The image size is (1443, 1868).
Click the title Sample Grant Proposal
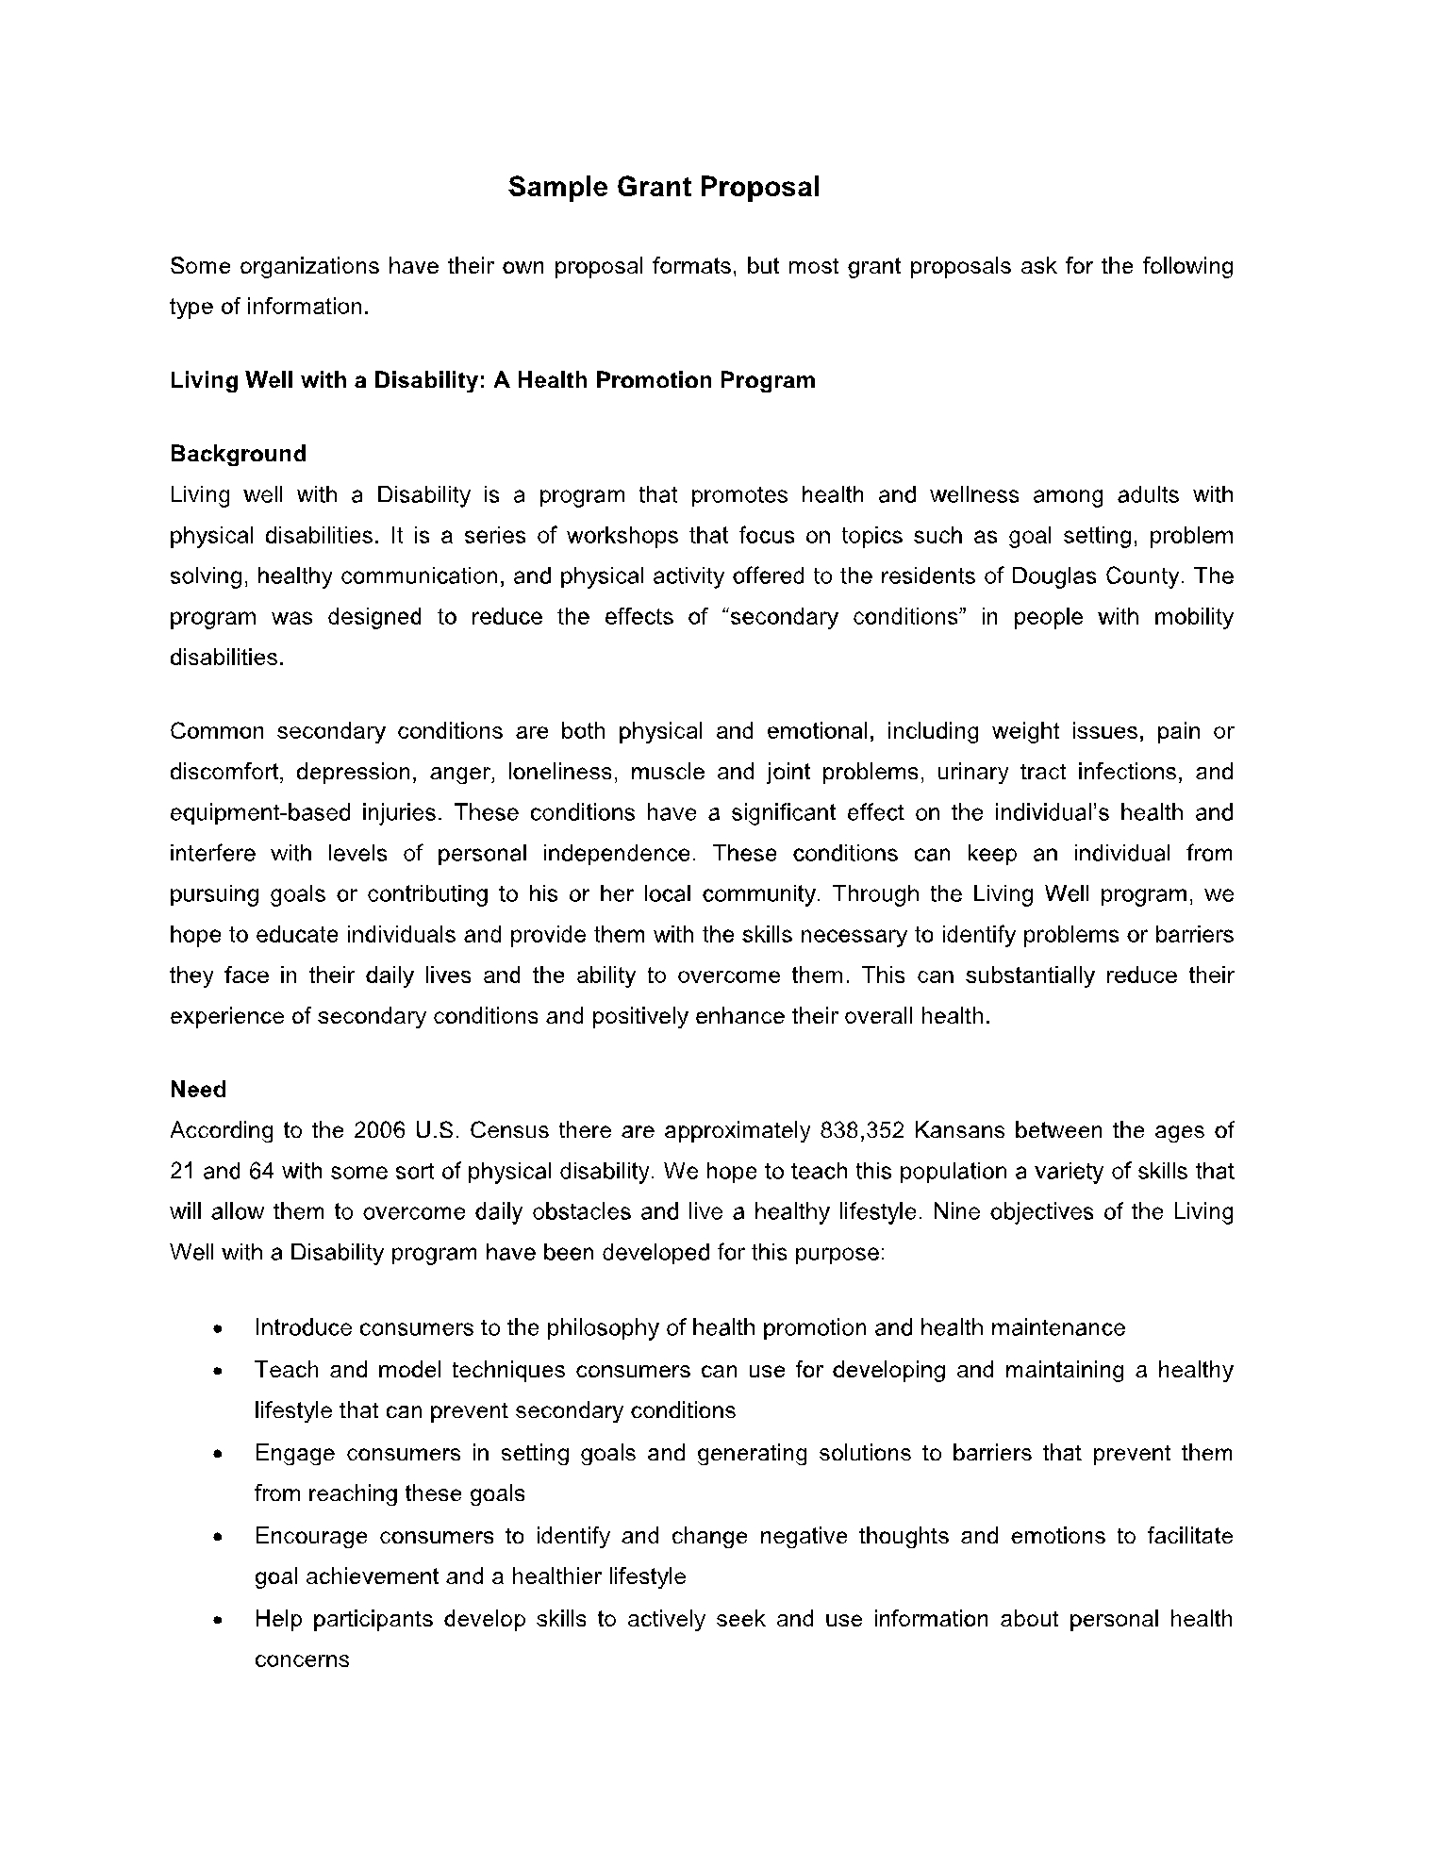[664, 187]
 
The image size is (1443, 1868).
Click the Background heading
[238, 454]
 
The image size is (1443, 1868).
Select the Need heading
[198, 1090]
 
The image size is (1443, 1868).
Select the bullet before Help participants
[218, 1621]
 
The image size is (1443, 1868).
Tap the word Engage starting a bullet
[294, 1454]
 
